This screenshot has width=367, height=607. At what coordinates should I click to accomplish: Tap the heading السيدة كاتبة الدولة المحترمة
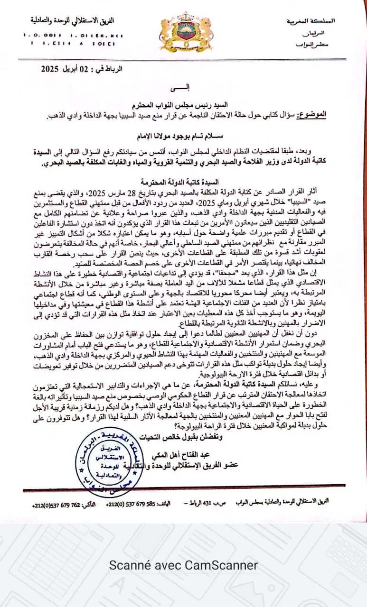pyautogui.click(x=183, y=181)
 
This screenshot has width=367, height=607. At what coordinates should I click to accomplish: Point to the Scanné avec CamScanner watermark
pyautogui.click(x=183, y=565)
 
